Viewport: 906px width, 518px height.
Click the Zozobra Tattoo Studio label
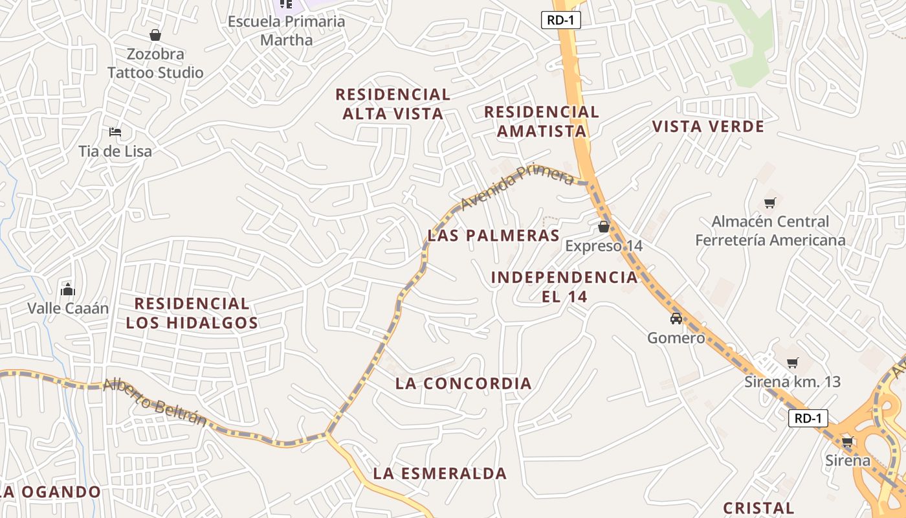pos(155,63)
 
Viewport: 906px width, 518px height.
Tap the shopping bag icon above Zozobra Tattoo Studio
pos(155,35)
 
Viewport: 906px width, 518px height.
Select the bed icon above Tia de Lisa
pos(115,132)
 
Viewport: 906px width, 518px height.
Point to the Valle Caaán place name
pos(68,308)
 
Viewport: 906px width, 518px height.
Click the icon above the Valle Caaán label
pos(68,289)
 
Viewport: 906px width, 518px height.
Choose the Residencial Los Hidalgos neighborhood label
pos(192,313)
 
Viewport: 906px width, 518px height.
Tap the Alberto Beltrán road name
pos(155,402)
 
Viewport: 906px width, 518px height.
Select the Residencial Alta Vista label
pos(393,104)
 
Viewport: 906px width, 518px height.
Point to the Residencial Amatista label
pos(542,121)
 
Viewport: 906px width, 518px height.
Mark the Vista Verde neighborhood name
pos(708,126)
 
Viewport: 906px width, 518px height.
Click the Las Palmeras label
pos(493,235)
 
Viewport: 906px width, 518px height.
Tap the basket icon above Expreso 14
pos(604,227)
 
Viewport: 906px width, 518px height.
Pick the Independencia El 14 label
pos(564,287)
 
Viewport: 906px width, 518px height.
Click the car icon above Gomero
pos(676,319)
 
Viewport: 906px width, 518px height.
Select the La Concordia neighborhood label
pos(463,383)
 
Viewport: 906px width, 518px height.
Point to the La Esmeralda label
pos(440,473)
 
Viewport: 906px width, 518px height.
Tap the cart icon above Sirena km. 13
pos(793,363)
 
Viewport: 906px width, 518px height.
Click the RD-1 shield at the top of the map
pos(560,20)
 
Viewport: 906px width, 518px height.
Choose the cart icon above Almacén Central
pos(770,203)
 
